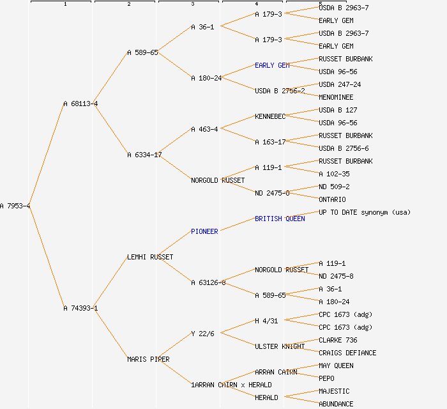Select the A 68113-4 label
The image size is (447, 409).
[x=80, y=104]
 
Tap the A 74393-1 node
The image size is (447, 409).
[x=80, y=308]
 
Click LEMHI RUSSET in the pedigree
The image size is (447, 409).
[x=150, y=257]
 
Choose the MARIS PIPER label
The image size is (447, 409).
[x=148, y=359]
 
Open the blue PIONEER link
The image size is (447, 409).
[x=204, y=231]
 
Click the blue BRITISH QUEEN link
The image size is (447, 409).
[x=280, y=219]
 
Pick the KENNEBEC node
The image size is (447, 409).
[x=270, y=116]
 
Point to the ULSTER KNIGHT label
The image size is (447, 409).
[x=280, y=346]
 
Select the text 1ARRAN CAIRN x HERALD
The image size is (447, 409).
[x=231, y=385]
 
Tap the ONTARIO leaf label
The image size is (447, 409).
[x=332, y=199]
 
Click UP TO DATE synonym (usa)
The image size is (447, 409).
[x=365, y=212]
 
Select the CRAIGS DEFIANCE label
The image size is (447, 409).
[x=347, y=353]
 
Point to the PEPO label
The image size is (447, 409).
[x=326, y=378]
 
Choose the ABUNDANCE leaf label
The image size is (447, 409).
[x=336, y=404]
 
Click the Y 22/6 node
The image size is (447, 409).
[x=202, y=334]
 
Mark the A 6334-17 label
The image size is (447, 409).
[x=144, y=155]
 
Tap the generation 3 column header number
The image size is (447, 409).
[x=192, y=4]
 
